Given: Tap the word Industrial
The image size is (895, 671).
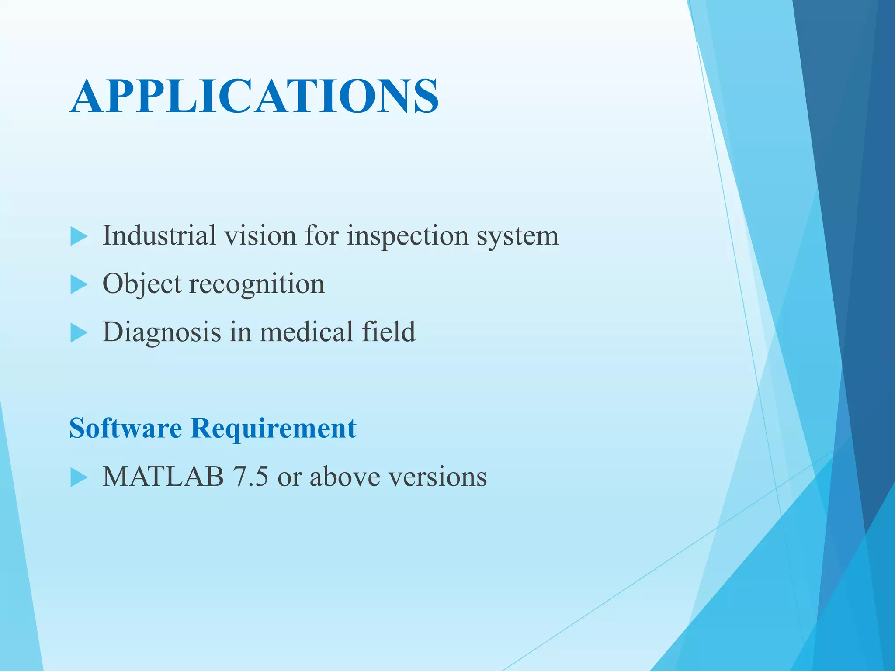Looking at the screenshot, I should click(x=159, y=235).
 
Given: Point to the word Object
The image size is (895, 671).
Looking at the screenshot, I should click(x=142, y=284).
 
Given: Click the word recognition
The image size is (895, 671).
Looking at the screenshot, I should click(x=257, y=284).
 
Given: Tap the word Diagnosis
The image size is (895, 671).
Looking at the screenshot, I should click(x=162, y=332).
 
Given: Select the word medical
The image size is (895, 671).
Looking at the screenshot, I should click(x=306, y=332).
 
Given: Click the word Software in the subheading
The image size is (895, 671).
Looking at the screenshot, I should click(x=125, y=428).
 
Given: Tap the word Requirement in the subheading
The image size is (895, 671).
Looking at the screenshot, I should click(x=274, y=429).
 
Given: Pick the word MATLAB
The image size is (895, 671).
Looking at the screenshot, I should click(x=163, y=476).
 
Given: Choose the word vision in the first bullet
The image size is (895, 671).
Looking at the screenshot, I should click(x=260, y=235).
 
